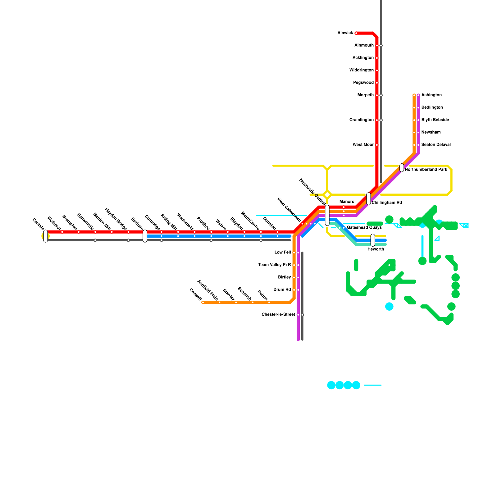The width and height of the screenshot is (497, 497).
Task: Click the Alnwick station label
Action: (x=345, y=33)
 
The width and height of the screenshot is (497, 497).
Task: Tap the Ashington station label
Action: (x=431, y=95)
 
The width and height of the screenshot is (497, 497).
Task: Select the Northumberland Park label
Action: (x=426, y=170)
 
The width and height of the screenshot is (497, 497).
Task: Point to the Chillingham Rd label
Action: (x=387, y=203)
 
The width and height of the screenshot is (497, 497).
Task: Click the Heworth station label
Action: (x=376, y=249)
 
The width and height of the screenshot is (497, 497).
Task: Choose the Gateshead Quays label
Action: (x=364, y=228)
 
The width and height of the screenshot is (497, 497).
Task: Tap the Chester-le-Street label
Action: (x=278, y=315)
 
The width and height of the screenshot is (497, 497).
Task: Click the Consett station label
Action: (x=195, y=294)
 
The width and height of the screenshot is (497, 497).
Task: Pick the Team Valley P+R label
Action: (x=275, y=265)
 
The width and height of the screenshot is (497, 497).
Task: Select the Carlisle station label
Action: (x=38, y=224)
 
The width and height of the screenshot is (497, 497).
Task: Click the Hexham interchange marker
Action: (x=145, y=236)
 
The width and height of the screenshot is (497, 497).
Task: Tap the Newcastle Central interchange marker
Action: (x=327, y=215)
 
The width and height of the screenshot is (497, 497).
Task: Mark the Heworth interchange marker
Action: (x=373, y=240)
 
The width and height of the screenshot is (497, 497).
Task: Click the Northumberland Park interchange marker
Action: (x=402, y=168)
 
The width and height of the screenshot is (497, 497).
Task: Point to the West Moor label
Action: (x=363, y=145)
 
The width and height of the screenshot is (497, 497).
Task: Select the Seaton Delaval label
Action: (x=436, y=145)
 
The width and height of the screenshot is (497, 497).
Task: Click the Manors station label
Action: (x=347, y=202)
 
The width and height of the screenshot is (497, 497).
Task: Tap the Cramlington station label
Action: (x=361, y=120)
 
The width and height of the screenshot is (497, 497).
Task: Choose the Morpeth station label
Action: (x=365, y=95)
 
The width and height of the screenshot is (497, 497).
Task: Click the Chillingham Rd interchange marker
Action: (x=368, y=199)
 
